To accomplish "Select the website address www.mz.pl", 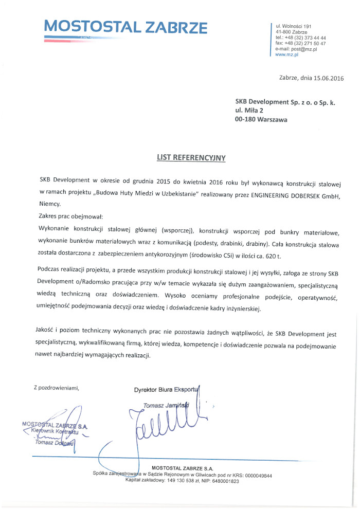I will pos(287,54).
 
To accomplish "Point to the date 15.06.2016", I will pos(327,78).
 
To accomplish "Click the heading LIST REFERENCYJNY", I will pos(191,158).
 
